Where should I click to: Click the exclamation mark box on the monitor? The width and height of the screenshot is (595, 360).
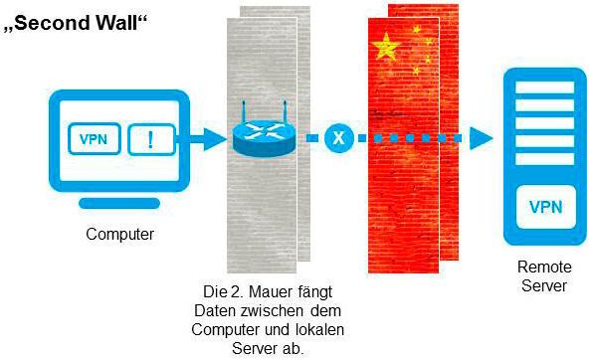coord(151,138)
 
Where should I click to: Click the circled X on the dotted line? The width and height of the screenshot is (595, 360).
coord(339,138)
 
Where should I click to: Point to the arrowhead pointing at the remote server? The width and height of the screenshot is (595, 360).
coord(483,138)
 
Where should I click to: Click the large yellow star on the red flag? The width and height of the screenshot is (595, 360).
coord(383,46)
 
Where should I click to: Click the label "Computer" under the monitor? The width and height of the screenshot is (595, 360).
coord(119,235)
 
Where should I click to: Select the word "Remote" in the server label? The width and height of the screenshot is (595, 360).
coord(542,269)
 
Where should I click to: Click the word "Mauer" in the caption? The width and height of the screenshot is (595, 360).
coord(266,294)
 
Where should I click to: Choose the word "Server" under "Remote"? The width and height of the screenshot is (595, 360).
coord(542,286)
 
